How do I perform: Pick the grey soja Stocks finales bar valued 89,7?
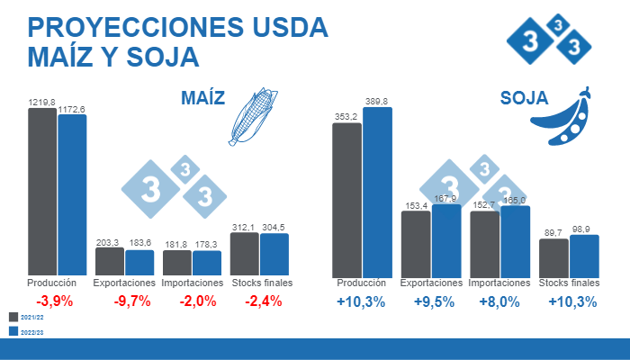point(553,258)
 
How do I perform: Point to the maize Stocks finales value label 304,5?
point(274,227)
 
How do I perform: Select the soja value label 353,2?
point(346,117)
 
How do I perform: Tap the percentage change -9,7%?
point(132,301)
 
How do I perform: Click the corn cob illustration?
point(251,116)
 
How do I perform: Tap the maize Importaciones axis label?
point(193,283)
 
